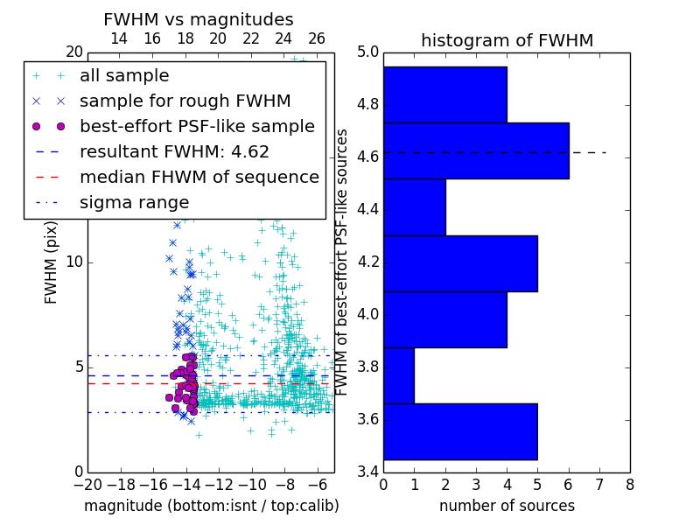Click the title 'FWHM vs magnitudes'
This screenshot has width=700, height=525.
199,19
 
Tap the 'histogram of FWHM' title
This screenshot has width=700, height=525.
507,40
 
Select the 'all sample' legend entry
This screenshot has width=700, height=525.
124,76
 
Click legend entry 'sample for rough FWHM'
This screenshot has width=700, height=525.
185,101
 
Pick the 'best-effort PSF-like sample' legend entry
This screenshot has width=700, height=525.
197,126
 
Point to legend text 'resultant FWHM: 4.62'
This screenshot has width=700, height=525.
174,151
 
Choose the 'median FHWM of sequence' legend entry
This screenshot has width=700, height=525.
199,177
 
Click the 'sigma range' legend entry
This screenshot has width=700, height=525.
134,202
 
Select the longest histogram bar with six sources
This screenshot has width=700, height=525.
476,150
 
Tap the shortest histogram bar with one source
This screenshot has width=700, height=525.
399,375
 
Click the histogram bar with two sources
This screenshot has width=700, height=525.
415,207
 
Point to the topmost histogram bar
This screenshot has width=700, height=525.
445,94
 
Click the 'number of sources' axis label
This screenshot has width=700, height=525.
507,506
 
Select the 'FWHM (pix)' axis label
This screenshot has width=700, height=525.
52,262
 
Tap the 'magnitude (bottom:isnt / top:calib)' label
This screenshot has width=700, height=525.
211,506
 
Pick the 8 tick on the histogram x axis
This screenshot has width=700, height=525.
629,484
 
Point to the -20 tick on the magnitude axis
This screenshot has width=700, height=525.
87,484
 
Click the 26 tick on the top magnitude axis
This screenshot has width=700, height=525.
317,38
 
